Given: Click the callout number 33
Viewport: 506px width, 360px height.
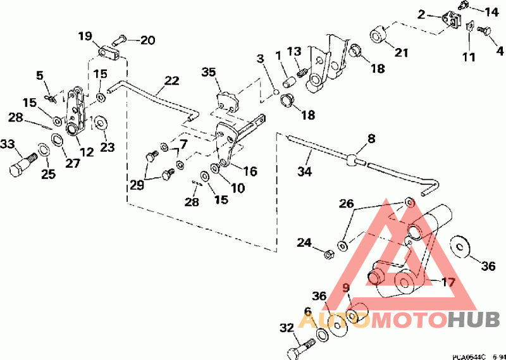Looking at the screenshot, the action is (x=8, y=145).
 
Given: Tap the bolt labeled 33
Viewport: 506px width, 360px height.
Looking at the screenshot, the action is (x=22, y=164).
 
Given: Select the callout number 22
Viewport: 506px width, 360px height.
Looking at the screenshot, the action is (x=171, y=81).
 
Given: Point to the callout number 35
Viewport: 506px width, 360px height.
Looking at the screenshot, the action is (x=209, y=72).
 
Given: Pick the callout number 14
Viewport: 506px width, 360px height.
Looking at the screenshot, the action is (x=491, y=11).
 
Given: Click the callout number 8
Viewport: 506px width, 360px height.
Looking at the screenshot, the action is (x=371, y=137).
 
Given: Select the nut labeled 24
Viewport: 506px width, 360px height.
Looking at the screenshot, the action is (x=329, y=255).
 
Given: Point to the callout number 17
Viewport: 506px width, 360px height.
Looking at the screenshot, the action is (x=448, y=282).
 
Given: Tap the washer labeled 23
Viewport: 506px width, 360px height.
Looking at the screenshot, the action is (x=101, y=122).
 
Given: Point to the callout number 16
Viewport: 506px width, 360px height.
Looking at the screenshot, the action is (x=250, y=171).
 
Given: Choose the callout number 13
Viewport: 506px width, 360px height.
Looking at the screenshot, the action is (x=294, y=51).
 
